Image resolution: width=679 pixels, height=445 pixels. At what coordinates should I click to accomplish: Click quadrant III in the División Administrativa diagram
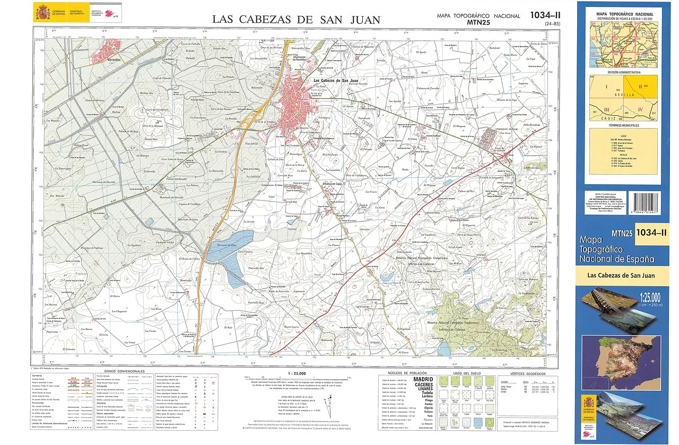tap(606, 110)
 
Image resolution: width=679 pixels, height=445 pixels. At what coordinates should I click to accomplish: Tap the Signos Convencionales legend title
tap(124, 371)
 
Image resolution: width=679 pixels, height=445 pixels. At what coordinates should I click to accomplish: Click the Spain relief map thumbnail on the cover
tap(621, 355)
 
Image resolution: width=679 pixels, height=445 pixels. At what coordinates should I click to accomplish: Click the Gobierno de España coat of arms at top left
tap(42, 11)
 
